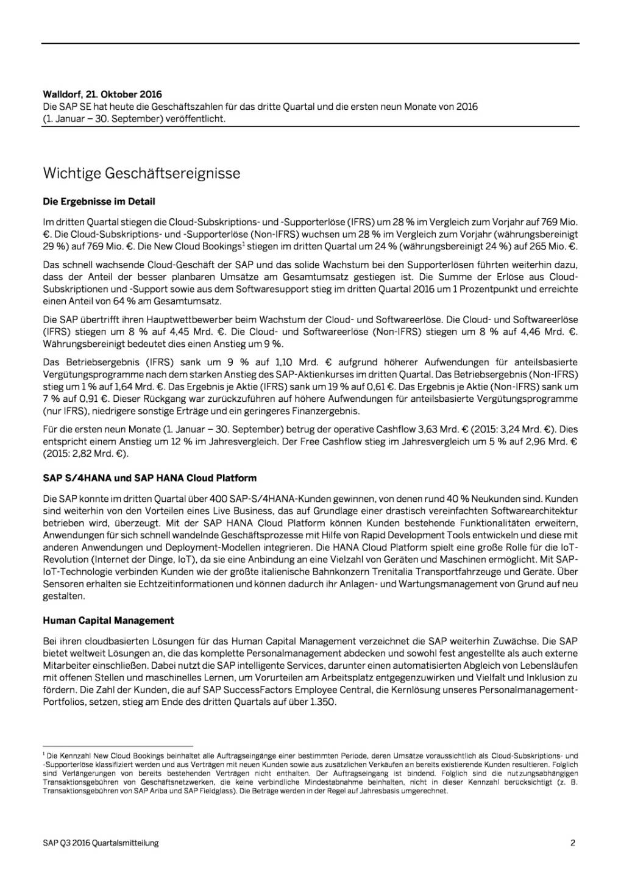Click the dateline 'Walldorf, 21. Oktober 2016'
(x=102, y=95)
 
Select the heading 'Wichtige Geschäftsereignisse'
(x=141, y=173)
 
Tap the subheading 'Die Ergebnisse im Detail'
(x=99, y=201)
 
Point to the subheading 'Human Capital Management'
(x=108, y=621)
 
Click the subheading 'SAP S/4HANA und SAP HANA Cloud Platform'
(x=150, y=478)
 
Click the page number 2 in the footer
(x=573, y=843)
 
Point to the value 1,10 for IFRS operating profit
(x=285, y=362)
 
